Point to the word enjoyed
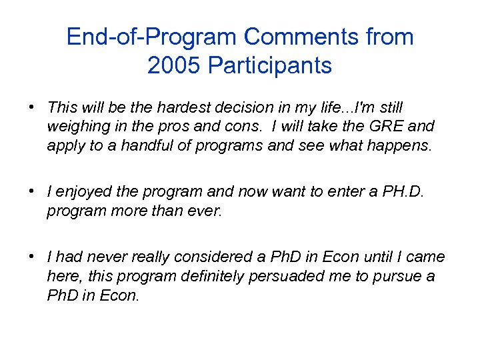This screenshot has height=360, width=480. (86, 192)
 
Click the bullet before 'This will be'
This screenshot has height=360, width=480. (31, 107)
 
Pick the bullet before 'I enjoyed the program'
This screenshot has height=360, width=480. (31, 192)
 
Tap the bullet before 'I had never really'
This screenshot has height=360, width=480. (31, 257)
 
